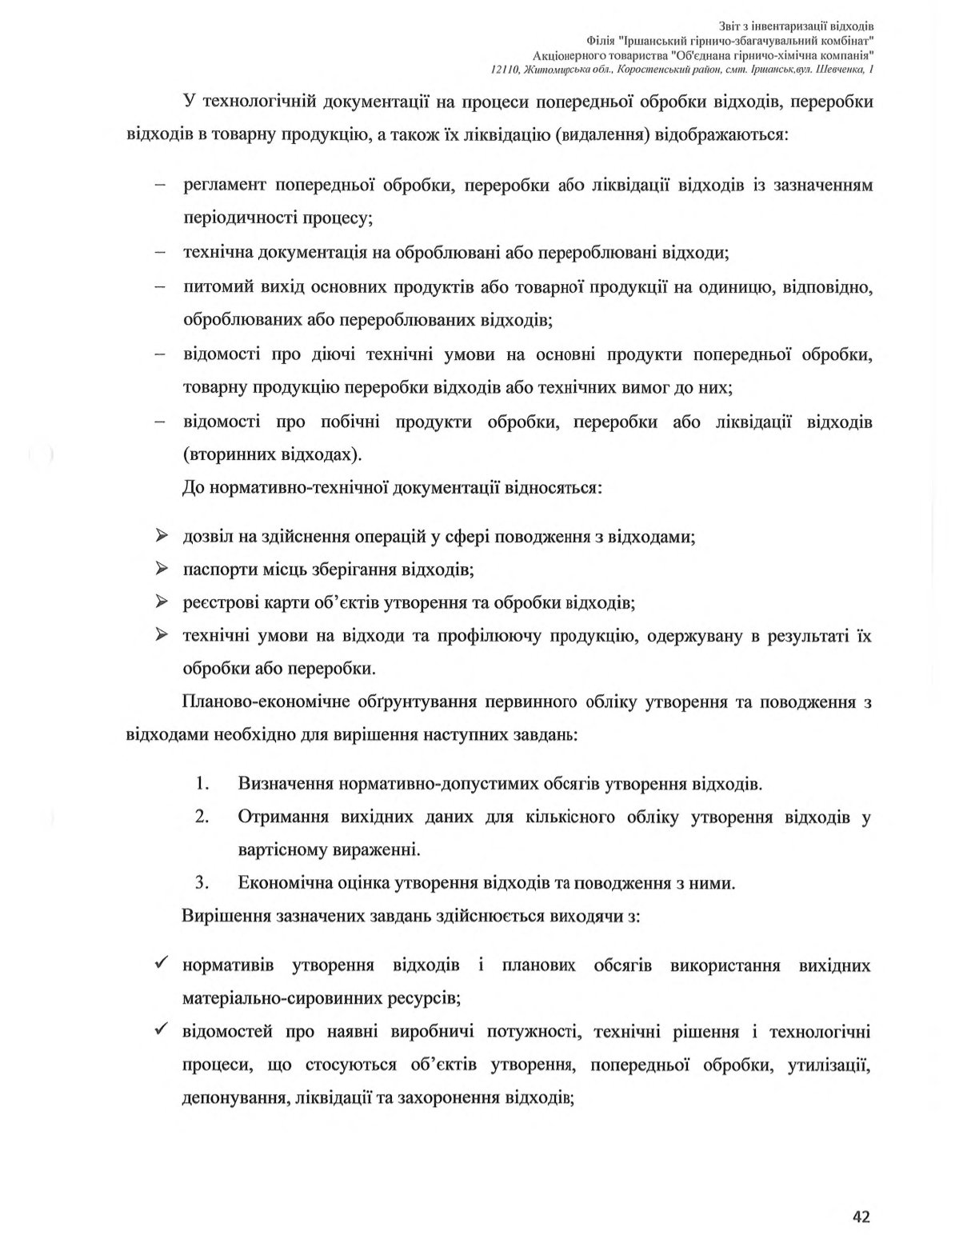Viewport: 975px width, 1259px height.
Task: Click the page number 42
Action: coord(861,1217)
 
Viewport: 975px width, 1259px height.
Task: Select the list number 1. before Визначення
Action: coord(202,783)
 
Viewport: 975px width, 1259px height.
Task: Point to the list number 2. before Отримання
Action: coord(202,817)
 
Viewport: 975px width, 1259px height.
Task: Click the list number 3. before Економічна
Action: coord(202,883)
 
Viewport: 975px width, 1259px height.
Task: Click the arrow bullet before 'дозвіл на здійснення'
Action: coord(161,536)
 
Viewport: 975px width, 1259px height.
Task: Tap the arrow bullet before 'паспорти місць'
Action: coord(161,569)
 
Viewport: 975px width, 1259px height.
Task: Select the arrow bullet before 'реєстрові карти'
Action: coord(161,602)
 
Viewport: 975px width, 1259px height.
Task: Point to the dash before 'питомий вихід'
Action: coord(160,286)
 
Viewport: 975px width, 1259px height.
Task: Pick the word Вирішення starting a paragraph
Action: coord(226,917)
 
